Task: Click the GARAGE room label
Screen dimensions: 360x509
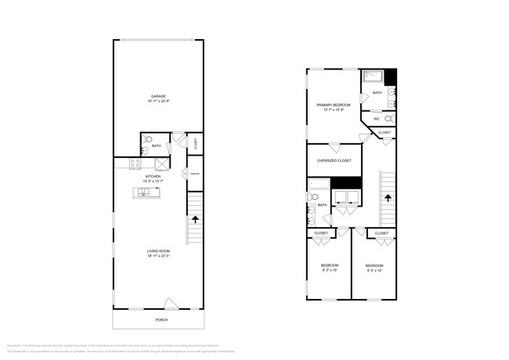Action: click(x=157, y=97)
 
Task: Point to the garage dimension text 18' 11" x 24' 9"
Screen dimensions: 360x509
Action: click(x=157, y=102)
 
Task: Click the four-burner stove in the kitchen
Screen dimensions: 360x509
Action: click(x=135, y=164)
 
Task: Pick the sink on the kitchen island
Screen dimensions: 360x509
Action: click(x=146, y=193)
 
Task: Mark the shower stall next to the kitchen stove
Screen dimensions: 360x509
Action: click(x=161, y=164)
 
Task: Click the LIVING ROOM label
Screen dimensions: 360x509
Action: click(x=157, y=251)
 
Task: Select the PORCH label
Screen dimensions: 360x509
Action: click(x=160, y=319)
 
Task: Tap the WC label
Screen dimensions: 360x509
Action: click(x=377, y=119)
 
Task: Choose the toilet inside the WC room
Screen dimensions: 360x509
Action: click(x=388, y=119)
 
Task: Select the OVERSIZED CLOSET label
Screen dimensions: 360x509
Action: click(x=334, y=160)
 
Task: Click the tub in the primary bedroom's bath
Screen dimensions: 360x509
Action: click(x=373, y=77)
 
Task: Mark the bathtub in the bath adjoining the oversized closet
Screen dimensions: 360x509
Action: click(x=319, y=185)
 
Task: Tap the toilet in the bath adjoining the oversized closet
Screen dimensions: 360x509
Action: click(x=312, y=218)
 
